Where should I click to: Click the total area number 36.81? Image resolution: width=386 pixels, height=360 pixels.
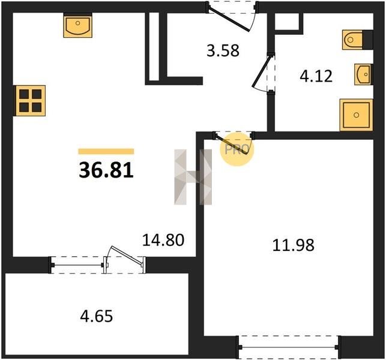(x=106, y=170)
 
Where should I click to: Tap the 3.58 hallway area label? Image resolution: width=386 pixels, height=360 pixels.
(x=223, y=50)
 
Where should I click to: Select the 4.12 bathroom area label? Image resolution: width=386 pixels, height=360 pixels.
(x=316, y=76)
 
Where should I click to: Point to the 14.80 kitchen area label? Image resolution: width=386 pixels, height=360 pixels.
(x=163, y=240)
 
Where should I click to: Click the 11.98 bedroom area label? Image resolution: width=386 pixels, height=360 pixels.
(x=293, y=245)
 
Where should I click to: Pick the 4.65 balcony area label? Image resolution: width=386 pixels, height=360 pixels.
(x=97, y=316)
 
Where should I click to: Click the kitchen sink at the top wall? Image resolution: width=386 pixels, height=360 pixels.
(x=78, y=26)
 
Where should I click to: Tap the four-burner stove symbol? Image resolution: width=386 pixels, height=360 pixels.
(x=31, y=101)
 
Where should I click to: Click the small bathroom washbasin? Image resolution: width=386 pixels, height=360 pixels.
(x=364, y=74)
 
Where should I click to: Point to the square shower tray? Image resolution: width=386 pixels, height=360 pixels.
(x=356, y=115)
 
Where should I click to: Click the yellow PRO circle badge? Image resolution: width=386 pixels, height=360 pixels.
(x=237, y=149)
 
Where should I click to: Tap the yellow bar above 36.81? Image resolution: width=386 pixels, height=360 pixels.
(x=106, y=151)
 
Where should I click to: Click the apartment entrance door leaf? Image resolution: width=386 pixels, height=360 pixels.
(x=229, y=20)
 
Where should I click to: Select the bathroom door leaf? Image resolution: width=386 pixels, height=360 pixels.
(x=262, y=71)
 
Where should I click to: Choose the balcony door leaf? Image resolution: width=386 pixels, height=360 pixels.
(x=127, y=256)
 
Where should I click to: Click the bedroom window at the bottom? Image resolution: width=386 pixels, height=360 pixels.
(x=289, y=347)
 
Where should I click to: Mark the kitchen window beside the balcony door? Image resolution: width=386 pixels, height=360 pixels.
(x=77, y=265)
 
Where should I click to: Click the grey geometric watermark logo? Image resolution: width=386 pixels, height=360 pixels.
(x=193, y=176)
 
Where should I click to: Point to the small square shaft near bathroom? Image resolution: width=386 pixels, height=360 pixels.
(x=286, y=22)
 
